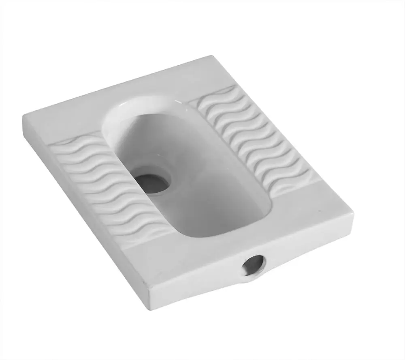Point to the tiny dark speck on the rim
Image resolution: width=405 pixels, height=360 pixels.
tap(320, 211)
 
